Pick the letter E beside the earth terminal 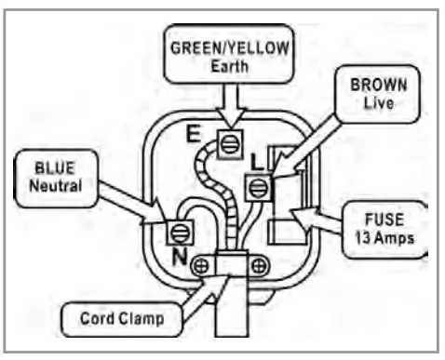tap(193, 134)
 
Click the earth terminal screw tap(225, 142)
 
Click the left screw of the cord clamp tap(197, 265)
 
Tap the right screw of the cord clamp tap(261, 266)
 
